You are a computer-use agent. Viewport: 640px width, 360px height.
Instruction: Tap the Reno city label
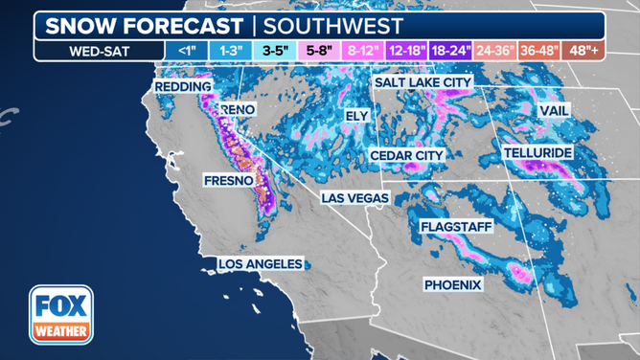(x=238, y=110)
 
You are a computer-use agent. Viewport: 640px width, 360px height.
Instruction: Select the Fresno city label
(x=228, y=180)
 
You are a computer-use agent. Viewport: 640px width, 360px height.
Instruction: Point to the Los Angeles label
(x=261, y=263)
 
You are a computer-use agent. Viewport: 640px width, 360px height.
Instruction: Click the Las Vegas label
(x=354, y=198)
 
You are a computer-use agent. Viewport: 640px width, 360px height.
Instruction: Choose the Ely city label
(x=356, y=115)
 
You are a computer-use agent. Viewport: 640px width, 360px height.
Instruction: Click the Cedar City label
(x=407, y=155)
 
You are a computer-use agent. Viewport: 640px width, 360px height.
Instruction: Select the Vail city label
(x=554, y=111)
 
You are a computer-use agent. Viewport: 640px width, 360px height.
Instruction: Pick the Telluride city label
(x=537, y=153)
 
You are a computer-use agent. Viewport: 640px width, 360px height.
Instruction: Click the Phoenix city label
(x=453, y=285)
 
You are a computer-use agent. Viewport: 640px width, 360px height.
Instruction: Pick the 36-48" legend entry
(x=543, y=49)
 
